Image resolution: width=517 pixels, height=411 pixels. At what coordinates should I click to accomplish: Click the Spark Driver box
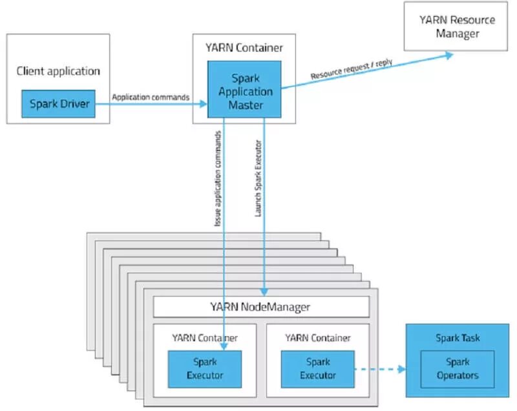pos(58,103)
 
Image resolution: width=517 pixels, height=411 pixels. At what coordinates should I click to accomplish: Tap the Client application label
pos(58,71)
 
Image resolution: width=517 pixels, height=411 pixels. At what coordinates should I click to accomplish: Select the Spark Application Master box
pos(244,90)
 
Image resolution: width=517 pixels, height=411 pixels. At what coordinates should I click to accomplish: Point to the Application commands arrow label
pos(151,98)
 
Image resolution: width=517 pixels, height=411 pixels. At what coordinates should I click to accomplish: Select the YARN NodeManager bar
pos(260,306)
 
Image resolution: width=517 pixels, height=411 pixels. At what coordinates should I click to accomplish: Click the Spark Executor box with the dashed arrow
pos(317,368)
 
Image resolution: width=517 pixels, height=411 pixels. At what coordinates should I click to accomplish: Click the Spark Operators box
pos(458,368)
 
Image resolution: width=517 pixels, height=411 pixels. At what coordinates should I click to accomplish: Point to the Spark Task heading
pos(458,339)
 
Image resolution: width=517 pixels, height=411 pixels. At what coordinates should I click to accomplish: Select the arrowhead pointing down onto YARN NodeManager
pos(264,292)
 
